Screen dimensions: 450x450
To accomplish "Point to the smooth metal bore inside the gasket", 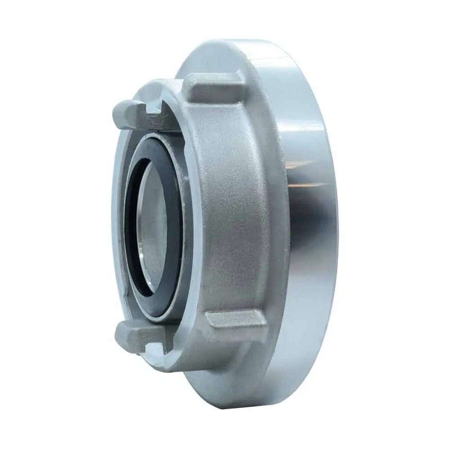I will tap(155, 225).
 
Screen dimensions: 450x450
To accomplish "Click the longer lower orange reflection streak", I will tap(310, 185).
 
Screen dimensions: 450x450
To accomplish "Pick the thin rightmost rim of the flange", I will tap(335, 225).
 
